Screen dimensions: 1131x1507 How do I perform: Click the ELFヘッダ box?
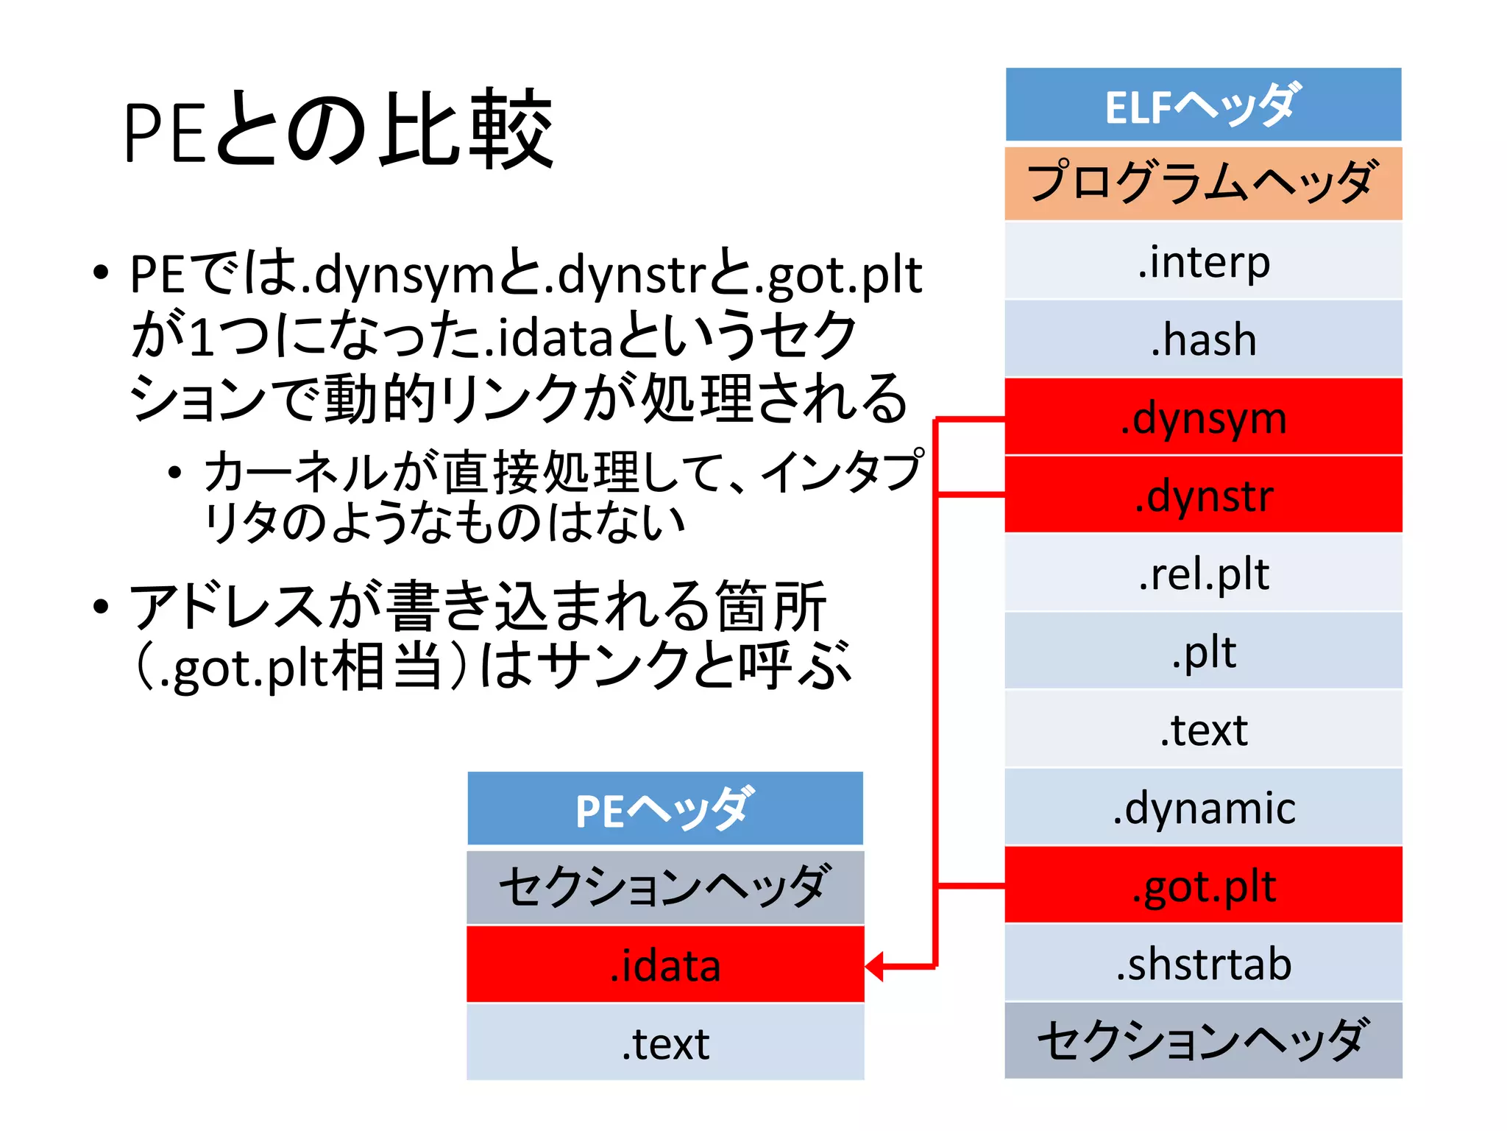(x=1203, y=105)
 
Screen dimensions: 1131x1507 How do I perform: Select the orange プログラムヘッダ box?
(x=1203, y=183)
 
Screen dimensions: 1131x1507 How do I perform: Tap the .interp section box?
(x=1203, y=261)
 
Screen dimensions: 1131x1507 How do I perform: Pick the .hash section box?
(x=1203, y=339)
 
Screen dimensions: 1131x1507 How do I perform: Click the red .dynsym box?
(x=1203, y=417)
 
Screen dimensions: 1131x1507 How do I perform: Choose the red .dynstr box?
(x=1203, y=495)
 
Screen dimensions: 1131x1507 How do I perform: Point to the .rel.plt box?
(x=1203, y=573)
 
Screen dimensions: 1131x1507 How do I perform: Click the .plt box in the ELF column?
(x=1203, y=651)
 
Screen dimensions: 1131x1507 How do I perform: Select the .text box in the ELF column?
(x=1203, y=729)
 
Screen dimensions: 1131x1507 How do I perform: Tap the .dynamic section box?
(x=1203, y=807)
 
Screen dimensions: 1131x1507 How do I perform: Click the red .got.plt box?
(x=1203, y=885)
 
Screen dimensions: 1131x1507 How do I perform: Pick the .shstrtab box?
(x=1203, y=963)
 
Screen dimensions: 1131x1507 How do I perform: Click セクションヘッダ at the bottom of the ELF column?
(x=1203, y=1040)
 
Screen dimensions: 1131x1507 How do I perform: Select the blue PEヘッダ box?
(x=665, y=808)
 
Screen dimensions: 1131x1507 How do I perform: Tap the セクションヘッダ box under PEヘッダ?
(x=665, y=887)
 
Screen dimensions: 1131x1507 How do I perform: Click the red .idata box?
(x=665, y=965)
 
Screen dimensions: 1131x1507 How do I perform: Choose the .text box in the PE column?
(x=665, y=1043)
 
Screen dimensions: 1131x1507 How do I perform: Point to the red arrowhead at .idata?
(x=875, y=966)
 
